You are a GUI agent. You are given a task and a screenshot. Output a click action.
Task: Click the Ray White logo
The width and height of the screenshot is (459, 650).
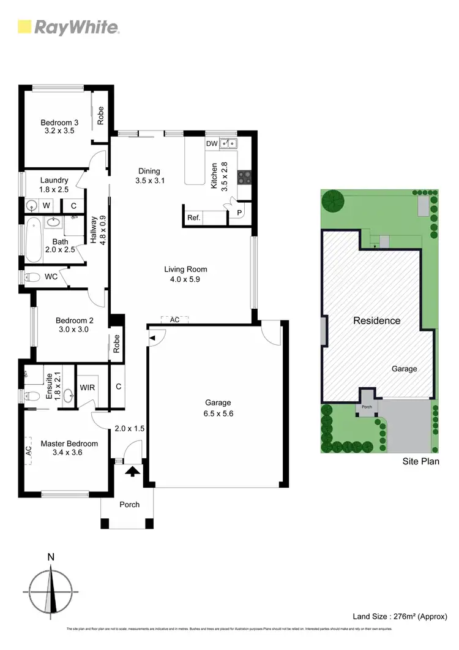68,27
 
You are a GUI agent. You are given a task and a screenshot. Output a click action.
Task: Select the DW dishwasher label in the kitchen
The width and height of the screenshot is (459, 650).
212,143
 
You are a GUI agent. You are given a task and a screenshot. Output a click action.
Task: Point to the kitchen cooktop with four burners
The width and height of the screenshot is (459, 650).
244,176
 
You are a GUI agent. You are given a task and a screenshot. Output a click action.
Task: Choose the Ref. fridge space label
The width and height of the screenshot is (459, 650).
194,217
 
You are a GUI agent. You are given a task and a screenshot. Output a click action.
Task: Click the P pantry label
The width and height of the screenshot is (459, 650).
239,213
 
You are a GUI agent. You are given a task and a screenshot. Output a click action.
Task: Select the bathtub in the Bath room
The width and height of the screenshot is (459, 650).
34,240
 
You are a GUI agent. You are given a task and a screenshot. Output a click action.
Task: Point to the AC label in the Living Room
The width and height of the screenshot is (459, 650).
174,320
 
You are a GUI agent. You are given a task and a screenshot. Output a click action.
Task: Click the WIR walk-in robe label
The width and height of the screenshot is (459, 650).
86,387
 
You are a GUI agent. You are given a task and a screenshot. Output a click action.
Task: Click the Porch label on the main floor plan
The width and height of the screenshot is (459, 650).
129,505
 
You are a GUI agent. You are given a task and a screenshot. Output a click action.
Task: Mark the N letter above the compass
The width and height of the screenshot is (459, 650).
51,557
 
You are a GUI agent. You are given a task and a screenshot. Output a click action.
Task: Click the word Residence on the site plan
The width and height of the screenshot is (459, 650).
377,320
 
